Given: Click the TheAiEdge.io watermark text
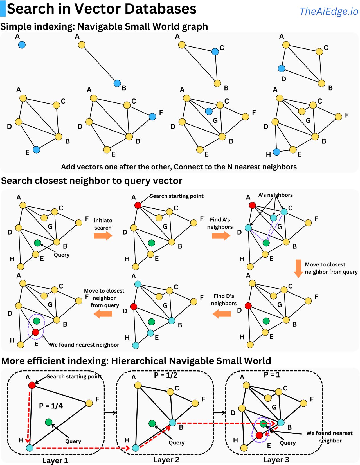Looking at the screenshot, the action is [x=329, y=11].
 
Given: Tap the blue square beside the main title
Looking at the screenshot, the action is [x=3, y=8].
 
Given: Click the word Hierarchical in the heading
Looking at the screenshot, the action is [x=138, y=361].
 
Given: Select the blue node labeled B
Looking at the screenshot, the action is [x=117, y=83].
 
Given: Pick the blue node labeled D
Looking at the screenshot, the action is [x=282, y=68].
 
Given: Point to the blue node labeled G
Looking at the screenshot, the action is [x=209, y=111].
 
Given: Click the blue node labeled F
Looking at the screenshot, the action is [x=152, y=117].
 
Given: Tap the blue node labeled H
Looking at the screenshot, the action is [x=276, y=152].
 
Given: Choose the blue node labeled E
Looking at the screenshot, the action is [x=36, y=150].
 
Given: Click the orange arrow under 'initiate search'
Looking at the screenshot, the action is [x=103, y=236].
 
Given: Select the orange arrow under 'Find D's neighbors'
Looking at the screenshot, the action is [x=222, y=314].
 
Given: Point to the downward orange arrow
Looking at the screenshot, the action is [x=298, y=269].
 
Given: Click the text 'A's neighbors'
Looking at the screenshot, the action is [x=275, y=195].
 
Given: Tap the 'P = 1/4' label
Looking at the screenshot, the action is [x=51, y=406].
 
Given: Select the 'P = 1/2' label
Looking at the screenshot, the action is [x=166, y=375].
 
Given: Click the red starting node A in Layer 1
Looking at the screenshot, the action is [x=32, y=385].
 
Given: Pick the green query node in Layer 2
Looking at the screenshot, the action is [x=152, y=423].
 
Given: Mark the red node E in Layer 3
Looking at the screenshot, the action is [x=259, y=435].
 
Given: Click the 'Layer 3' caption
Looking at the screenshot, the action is [x=276, y=459].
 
